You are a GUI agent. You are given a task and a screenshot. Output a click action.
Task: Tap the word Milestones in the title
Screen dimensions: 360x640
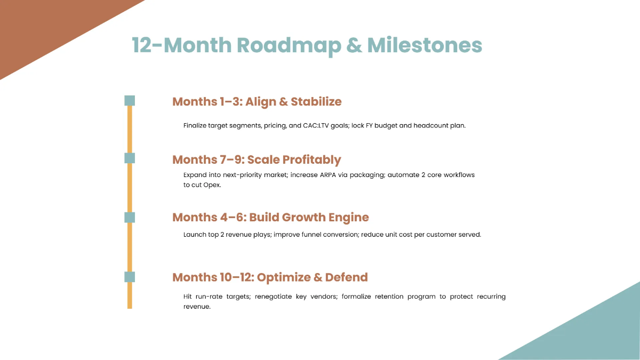pyautogui.click(x=425, y=45)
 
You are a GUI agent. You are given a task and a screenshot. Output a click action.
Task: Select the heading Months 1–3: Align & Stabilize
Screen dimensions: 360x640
pyautogui.click(x=257, y=101)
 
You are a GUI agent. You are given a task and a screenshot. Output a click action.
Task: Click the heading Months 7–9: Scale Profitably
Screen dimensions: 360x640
pyautogui.click(x=257, y=159)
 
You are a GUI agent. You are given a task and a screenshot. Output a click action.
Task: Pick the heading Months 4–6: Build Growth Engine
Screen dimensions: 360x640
pyautogui.click(x=270, y=217)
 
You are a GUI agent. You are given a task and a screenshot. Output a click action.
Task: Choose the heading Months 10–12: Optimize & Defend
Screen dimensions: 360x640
pyautogui.click(x=270, y=277)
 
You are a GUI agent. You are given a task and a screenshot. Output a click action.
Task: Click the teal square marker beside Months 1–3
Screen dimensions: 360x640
pyautogui.click(x=130, y=101)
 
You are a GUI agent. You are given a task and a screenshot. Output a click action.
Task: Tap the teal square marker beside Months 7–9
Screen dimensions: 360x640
pyautogui.click(x=130, y=158)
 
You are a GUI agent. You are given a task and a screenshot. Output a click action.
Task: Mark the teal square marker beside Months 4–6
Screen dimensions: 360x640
pyautogui.click(x=130, y=217)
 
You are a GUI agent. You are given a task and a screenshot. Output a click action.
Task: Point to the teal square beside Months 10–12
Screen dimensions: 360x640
pyautogui.click(x=130, y=277)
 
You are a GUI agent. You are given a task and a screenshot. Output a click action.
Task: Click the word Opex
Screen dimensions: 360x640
pyautogui.click(x=212, y=185)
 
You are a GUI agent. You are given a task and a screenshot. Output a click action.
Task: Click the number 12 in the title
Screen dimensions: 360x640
pyautogui.click(x=141, y=45)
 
